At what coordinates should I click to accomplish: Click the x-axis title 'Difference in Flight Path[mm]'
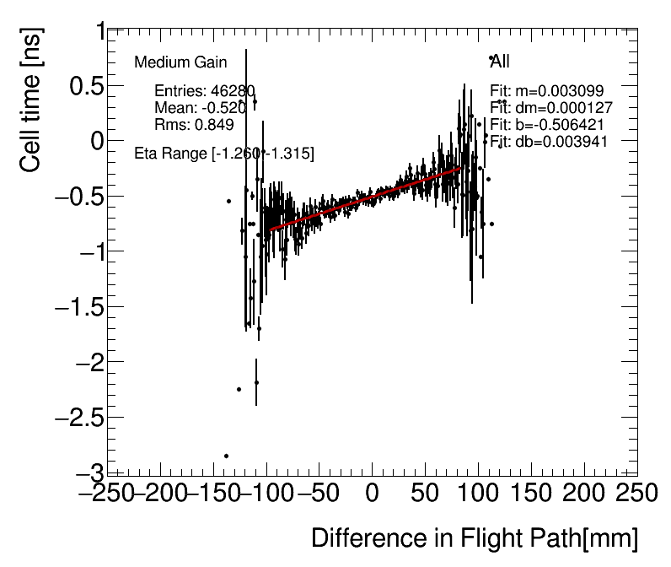tap(475, 538)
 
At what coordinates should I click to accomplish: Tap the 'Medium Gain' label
tap(180, 62)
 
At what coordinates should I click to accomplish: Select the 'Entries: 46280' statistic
tap(205, 91)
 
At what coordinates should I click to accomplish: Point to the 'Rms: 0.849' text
tap(194, 125)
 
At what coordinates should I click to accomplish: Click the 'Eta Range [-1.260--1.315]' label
tap(224, 154)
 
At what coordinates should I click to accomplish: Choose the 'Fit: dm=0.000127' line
tap(551, 108)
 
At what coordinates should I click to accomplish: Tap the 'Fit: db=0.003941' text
tap(549, 141)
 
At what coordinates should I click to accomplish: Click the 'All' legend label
tap(501, 62)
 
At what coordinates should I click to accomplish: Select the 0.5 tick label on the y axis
tap(82, 86)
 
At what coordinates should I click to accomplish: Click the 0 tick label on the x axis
tap(372, 493)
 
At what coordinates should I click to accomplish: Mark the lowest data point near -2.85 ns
tap(226, 456)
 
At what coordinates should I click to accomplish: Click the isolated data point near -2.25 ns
tap(239, 389)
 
